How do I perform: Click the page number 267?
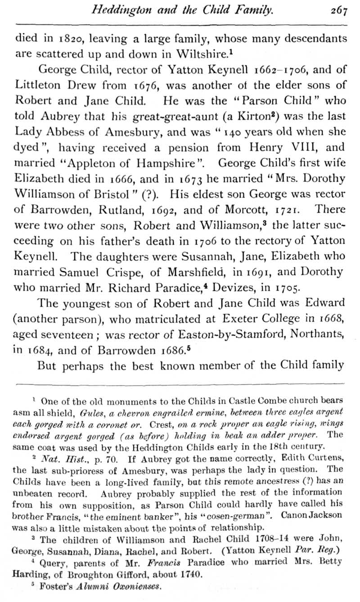coord(338,9)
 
